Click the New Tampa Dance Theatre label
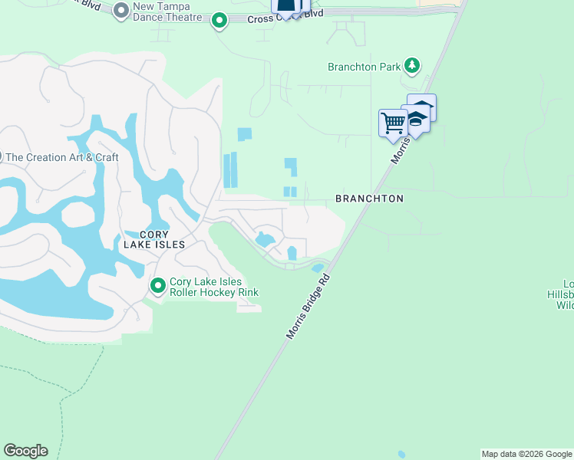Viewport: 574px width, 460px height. [x=167, y=11]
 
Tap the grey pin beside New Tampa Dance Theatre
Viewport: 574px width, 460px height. [x=121, y=11]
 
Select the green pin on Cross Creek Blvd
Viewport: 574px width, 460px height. [x=219, y=21]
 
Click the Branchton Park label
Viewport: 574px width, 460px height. [x=364, y=67]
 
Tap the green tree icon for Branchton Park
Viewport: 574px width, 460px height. [x=413, y=66]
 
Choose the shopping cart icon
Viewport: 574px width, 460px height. [x=393, y=123]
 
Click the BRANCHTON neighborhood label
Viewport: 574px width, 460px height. [x=369, y=199]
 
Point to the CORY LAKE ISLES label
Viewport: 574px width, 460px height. [x=154, y=239]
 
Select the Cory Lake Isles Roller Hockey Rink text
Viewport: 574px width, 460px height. [x=214, y=287]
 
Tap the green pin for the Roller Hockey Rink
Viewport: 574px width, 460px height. [x=158, y=286]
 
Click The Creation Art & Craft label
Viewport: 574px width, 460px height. [x=62, y=157]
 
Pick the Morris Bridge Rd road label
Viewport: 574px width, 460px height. [x=308, y=307]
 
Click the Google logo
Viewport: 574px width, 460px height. [x=25, y=451]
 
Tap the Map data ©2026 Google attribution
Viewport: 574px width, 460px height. [x=526, y=454]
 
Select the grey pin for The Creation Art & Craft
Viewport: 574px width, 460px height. [x=1, y=156]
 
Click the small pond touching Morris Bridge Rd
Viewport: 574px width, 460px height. [x=317, y=268]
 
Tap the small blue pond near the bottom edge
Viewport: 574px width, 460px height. [x=401, y=454]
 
